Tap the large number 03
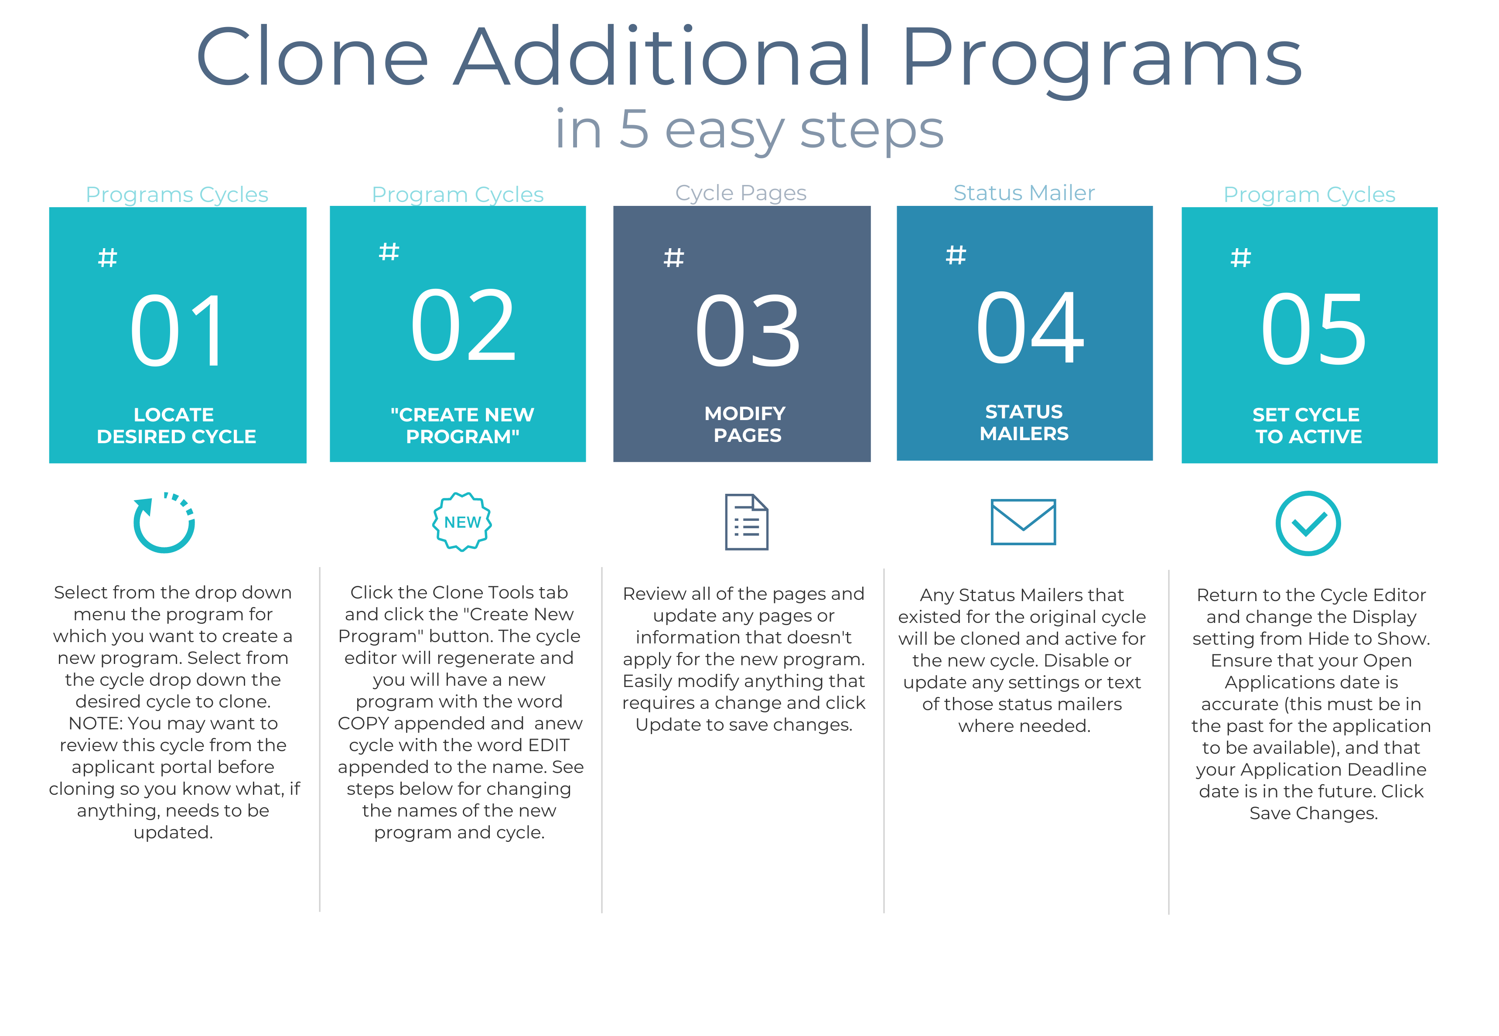(x=748, y=330)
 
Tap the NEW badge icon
(x=462, y=522)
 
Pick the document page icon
(x=746, y=522)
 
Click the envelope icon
(x=1023, y=522)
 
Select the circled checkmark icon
(x=1308, y=523)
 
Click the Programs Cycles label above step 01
(x=177, y=194)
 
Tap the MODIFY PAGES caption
(x=746, y=424)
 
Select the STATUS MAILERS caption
(x=1024, y=423)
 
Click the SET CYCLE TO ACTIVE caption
(x=1307, y=425)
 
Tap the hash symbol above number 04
(x=956, y=255)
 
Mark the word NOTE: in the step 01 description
(x=96, y=723)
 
